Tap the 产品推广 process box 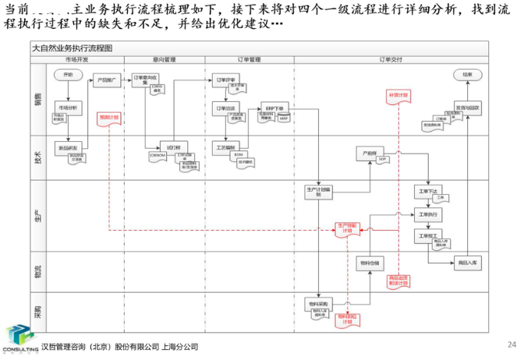click(107, 79)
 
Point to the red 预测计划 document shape click(108, 118)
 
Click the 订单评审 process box click(225, 79)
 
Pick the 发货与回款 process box click(468, 107)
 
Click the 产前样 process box click(370, 150)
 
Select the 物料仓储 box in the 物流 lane click(372, 263)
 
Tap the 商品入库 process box click(468, 263)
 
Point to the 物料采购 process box click(319, 302)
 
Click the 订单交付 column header click(391, 59)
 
